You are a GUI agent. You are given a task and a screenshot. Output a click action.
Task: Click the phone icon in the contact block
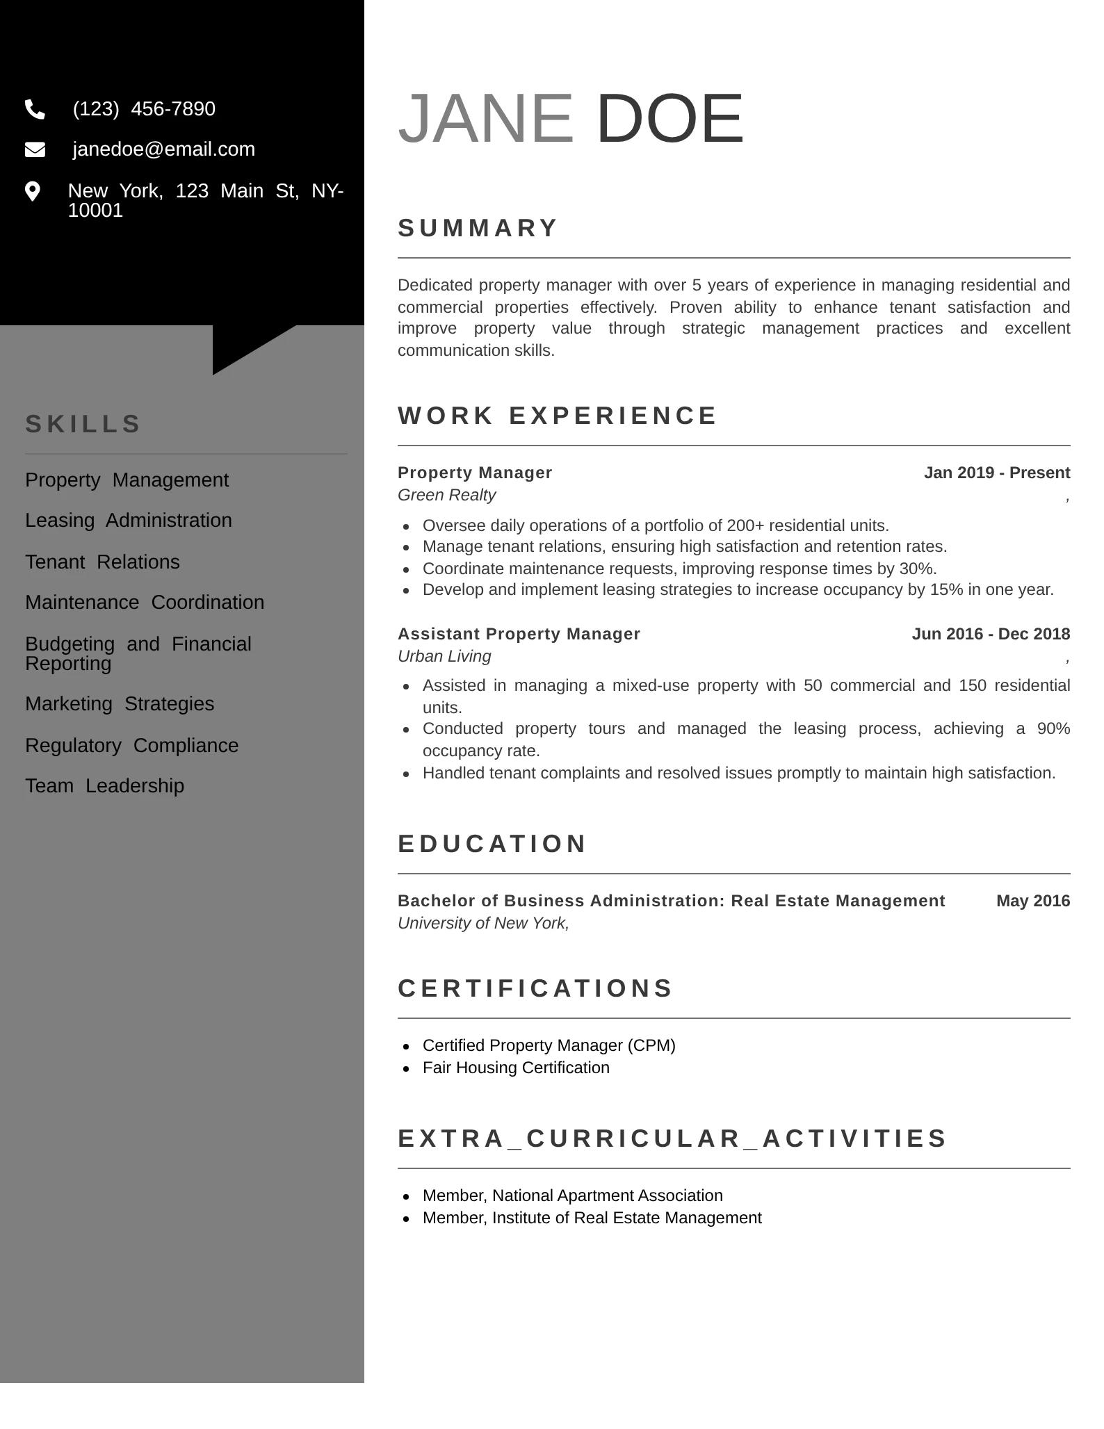pyautogui.click(x=35, y=109)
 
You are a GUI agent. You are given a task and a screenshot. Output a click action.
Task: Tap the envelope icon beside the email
pyautogui.click(x=35, y=149)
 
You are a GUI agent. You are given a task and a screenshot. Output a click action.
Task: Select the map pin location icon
pyautogui.click(x=33, y=191)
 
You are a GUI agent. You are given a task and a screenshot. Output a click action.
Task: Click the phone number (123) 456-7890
pyautogui.click(x=144, y=109)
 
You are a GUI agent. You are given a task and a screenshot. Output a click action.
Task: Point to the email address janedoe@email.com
pyautogui.click(x=163, y=149)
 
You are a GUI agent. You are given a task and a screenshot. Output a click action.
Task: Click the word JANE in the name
pyautogui.click(x=485, y=119)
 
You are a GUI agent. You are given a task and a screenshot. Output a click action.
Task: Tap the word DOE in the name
pyautogui.click(x=669, y=119)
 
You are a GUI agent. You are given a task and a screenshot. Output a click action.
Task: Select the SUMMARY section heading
pyautogui.click(x=478, y=228)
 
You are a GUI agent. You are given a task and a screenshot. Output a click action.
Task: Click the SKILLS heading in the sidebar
pyautogui.click(x=83, y=424)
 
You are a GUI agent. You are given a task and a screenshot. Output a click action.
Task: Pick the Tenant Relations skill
pyautogui.click(x=102, y=562)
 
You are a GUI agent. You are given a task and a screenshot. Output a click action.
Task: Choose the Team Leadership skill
pyautogui.click(x=104, y=785)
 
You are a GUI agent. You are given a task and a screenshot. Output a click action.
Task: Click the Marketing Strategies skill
pyautogui.click(x=120, y=703)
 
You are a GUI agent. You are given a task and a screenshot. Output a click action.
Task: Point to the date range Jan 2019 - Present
pyautogui.click(x=996, y=473)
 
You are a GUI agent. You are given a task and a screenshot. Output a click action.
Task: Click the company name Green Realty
pyautogui.click(x=446, y=495)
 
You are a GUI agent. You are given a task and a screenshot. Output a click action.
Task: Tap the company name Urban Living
pyautogui.click(x=444, y=656)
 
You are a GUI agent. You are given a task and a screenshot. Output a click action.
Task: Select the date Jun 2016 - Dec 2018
pyautogui.click(x=991, y=634)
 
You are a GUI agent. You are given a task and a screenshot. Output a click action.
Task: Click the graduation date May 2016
pyautogui.click(x=1032, y=901)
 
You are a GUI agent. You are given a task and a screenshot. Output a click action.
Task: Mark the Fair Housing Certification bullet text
pyautogui.click(x=516, y=1068)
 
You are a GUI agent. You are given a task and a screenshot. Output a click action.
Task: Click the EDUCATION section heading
pyautogui.click(x=492, y=844)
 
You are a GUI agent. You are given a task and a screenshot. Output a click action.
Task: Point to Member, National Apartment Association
pyautogui.click(x=572, y=1195)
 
